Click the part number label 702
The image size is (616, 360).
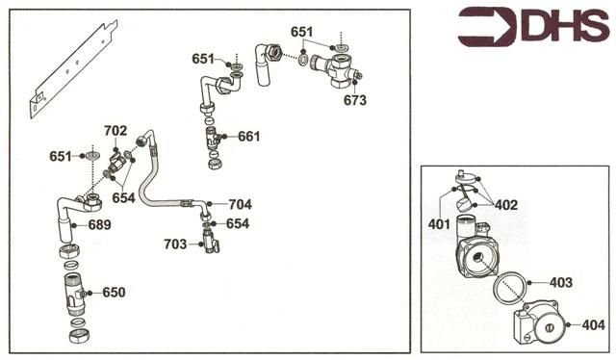(x=115, y=130)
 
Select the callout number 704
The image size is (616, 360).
(x=240, y=204)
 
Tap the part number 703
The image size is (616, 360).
(x=175, y=244)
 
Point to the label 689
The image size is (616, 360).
(x=99, y=225)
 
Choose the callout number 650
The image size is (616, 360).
(x=114, y=292)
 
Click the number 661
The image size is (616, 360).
(x=249, y=137)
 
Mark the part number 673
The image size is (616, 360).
(x=355, y=99)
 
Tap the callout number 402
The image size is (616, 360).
(x=507, y=204)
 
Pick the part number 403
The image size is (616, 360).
(x=561, y=283)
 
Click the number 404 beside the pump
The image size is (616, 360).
(x=594, y=325)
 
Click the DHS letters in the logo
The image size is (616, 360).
(x=565, y=26)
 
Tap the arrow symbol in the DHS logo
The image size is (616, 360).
(x=487, y=26)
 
